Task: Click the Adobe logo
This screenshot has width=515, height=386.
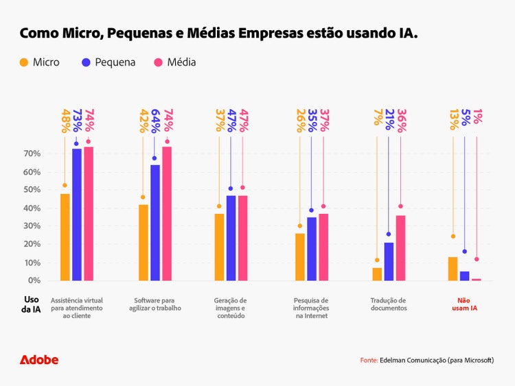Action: click(39, 360)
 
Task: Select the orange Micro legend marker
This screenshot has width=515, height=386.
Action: click(23, 62)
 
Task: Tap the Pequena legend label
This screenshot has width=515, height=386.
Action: click(115, 62)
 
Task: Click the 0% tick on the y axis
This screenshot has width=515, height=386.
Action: click(35, 280)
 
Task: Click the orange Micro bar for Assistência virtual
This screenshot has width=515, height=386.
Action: click(65, 237)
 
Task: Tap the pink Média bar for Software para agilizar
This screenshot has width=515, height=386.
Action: click(167, 213)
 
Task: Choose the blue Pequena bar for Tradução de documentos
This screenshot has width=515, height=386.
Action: click(389, 261)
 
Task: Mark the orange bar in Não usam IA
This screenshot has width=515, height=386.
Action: click(453, 269)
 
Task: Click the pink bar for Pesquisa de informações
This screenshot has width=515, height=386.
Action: click(323, 247)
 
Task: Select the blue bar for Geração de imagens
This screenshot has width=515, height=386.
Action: click(231, 238)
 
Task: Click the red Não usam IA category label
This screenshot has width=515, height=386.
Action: click(465, 304)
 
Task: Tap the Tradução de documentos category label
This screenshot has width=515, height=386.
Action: click(389, 304)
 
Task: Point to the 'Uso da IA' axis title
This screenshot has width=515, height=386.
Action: click(32, 304)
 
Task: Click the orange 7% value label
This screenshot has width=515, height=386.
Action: click(377, 117)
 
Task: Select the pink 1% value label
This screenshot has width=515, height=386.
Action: click(477, 117)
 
